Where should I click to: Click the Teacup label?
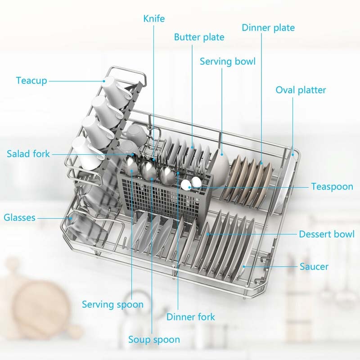(31, 81)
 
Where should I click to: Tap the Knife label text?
(154, 18)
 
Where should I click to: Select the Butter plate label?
(199, 37)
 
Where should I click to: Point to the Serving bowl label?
(228, 61)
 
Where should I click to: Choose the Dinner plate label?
(268, 27)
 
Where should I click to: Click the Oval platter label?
(301, 90)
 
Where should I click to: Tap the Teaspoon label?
(332, 186)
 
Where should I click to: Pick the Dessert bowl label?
(327, 234)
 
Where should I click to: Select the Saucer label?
(314, 266)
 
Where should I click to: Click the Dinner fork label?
(190, 317)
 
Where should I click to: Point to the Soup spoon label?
(154, 340)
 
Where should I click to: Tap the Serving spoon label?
(112, 305)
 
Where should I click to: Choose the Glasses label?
(19, 217)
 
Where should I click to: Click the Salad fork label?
(28, 154)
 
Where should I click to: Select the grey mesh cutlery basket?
(165, 195)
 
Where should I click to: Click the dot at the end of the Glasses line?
(71, 218)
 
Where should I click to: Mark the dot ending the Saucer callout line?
(244, 266)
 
